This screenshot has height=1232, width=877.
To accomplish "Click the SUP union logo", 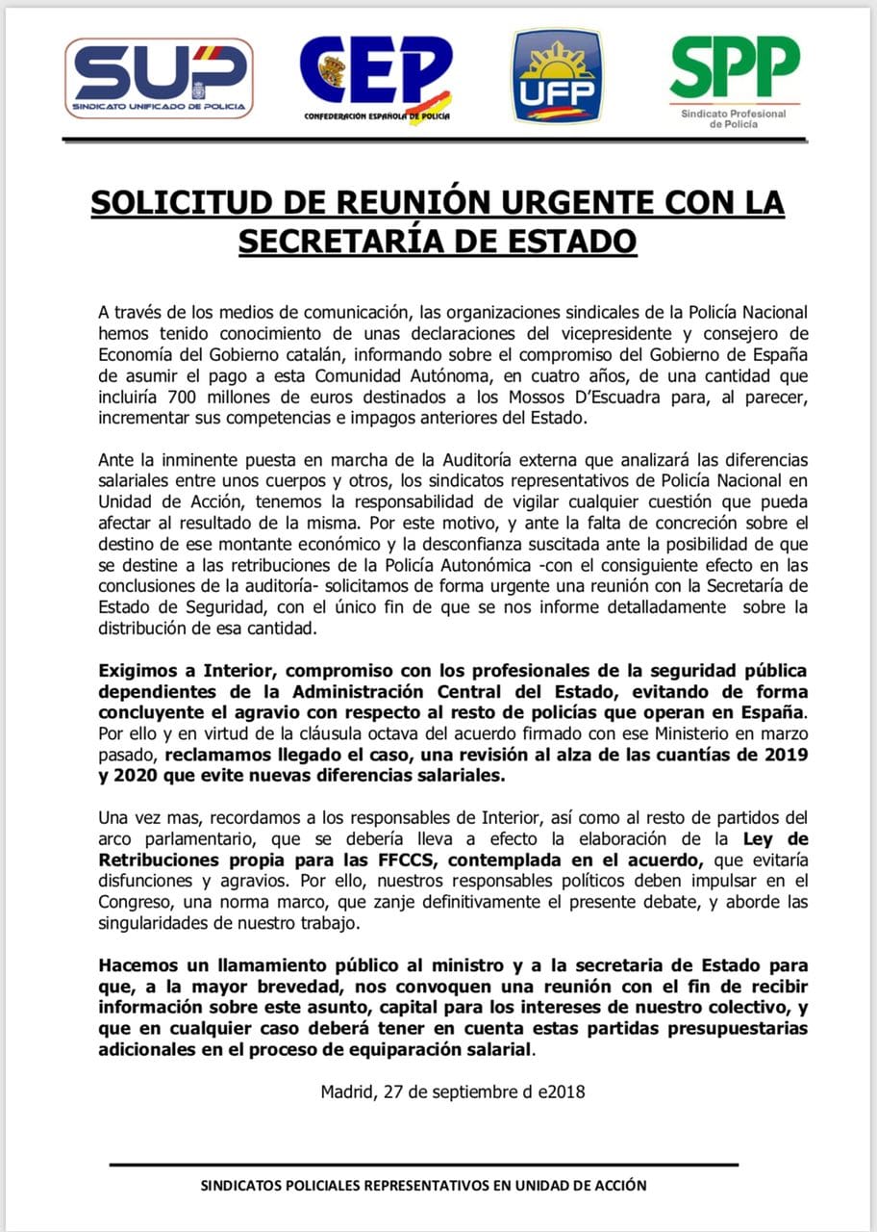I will click(x=162, y=78).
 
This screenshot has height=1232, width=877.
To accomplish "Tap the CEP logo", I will click(x=376, y=77).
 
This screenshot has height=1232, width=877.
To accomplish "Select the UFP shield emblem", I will click(x=557, y=76).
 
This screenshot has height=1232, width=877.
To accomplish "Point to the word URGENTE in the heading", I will click(x=554, y=204).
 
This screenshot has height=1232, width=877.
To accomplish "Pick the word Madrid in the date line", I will click(x=348, y=1092).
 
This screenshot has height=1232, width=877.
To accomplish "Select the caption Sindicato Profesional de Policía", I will click(x=733, y=118).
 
